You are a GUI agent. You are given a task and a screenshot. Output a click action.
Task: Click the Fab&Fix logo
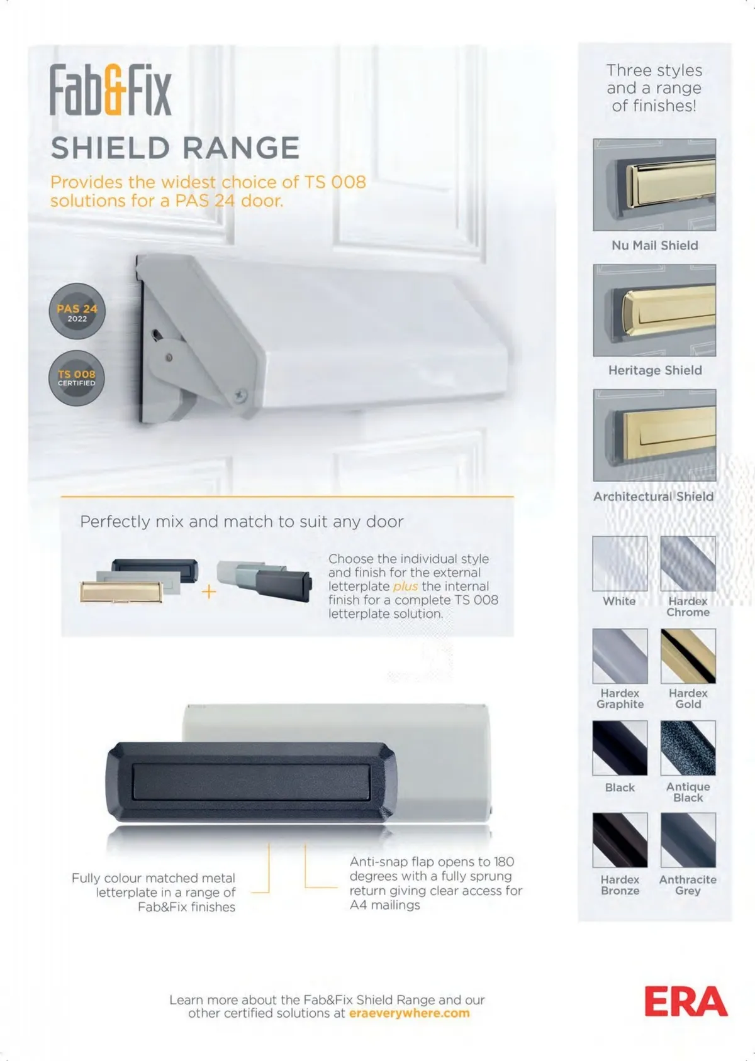[111, 89]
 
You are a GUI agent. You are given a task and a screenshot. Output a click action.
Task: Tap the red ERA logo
[686, 1001]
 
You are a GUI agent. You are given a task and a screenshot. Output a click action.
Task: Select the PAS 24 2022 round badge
[77, 311]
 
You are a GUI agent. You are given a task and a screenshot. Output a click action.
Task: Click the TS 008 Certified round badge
[76, 378]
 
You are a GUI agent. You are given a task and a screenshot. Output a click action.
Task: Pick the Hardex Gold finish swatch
[688, 656]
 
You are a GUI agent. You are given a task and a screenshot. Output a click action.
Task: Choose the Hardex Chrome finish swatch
[688, 564]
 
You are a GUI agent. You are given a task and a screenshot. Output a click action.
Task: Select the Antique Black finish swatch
[688, 748]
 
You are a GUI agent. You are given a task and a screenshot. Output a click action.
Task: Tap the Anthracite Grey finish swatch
[688, 840]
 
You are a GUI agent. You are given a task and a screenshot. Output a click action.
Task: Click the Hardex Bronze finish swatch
[620, 840]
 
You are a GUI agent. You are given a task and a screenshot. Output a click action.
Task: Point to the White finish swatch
[620, 564]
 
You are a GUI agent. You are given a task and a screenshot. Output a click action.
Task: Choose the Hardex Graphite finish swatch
[620, 656]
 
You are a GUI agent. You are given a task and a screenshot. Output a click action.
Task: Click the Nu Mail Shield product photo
[654, 185]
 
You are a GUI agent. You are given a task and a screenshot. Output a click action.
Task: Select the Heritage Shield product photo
[654, 311]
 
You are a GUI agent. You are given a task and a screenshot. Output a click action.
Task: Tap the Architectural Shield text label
[654, 497]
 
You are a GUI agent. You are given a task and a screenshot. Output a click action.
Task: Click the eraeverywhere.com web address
[410, 1013]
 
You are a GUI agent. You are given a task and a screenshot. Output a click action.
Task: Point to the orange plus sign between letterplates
[209, 591]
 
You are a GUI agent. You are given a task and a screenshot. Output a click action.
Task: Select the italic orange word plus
[405, 586]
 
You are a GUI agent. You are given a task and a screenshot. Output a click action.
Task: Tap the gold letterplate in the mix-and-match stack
[121, 592]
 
